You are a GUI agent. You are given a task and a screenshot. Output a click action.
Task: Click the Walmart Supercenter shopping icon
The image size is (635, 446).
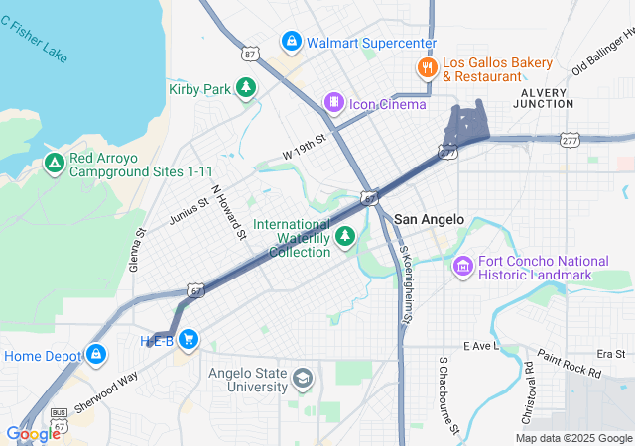(291, 42)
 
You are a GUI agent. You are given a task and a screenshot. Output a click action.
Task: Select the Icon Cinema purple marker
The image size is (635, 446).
(334, 102)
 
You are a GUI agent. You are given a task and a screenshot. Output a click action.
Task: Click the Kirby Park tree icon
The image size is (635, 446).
(246, 89)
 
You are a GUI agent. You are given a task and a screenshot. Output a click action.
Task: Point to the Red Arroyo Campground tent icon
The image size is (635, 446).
(55, 164)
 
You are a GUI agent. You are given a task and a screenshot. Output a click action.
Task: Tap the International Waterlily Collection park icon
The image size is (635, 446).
(345, 236)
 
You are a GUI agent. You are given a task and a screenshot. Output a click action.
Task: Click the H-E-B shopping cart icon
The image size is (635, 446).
(188, 340)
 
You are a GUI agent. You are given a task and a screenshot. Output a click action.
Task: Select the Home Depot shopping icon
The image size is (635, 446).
(96, 354)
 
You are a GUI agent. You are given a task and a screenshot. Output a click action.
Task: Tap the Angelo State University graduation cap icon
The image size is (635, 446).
(302, 379)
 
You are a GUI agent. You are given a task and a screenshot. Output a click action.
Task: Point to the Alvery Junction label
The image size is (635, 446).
(543, 100)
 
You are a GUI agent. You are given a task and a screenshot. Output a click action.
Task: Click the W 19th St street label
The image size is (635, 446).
(304, 148)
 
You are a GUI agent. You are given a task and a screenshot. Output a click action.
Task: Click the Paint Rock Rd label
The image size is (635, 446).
(569, 364)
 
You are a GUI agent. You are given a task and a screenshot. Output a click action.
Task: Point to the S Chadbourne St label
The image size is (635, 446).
(447, 397)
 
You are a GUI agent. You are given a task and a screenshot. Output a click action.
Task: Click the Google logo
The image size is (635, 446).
(32, 433)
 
